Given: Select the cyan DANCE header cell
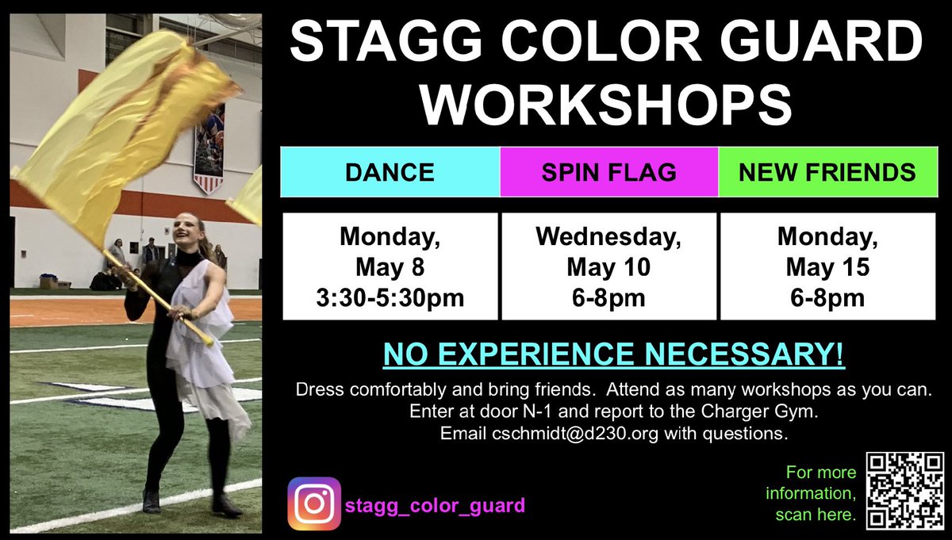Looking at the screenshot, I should (390, 171).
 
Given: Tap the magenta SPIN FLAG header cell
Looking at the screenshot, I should (608, 171).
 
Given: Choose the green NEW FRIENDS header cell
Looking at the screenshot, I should (827, 171).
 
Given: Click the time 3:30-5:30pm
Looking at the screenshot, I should (390, 298).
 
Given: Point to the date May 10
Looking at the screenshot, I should (608, 267).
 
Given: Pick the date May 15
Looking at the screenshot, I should (826, 267).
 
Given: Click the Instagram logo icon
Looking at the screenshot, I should (313, 503).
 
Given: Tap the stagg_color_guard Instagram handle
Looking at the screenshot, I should (435, 504).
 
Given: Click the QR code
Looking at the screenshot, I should (903, 490).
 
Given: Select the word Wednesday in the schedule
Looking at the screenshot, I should (608, 236).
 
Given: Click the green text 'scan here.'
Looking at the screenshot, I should (816, 515).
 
